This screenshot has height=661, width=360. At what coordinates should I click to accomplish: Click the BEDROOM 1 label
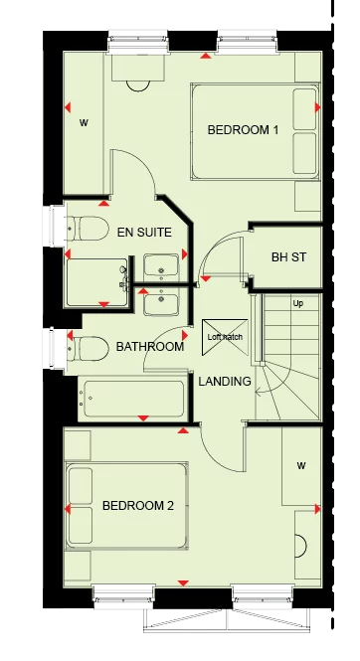(x=243, y=130)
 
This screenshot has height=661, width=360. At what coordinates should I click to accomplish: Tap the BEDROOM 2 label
(x=138, y=506)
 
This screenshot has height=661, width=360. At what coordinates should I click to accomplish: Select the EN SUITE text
(x=144, y=233)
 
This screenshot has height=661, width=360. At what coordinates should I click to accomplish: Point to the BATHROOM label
(x=150, y=347)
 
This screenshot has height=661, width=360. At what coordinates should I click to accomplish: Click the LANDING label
(x=225, y=382)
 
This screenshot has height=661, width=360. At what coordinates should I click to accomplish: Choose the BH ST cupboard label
(x=288, y=257)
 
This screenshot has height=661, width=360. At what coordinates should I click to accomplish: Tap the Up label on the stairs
(x=297, y=303)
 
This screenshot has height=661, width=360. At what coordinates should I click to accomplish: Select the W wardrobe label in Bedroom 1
(x=84, y=123)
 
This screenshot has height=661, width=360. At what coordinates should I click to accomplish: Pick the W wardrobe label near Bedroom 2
(x=300, y=464)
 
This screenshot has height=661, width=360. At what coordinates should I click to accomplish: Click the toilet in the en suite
(x=88, y=229)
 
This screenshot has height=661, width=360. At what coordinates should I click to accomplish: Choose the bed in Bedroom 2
(x=126, y=506)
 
